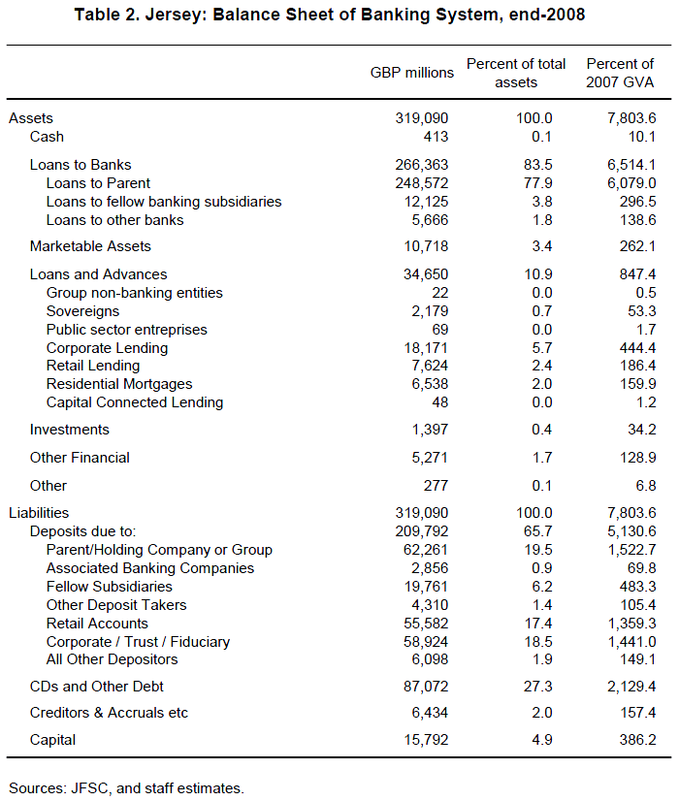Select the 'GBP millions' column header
click(x=411, y=73)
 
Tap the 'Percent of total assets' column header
click(x=516, y=73)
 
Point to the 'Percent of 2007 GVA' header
click(x=620, y=73)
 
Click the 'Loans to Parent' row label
click(x=98, y=183)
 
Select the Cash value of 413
click(x=434, y=137)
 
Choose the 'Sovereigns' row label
click(x=82, y=311)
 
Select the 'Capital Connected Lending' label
click(x=135, y=402)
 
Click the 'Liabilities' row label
click(x=39, y=513)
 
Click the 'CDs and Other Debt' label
click(x=97, y=687)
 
